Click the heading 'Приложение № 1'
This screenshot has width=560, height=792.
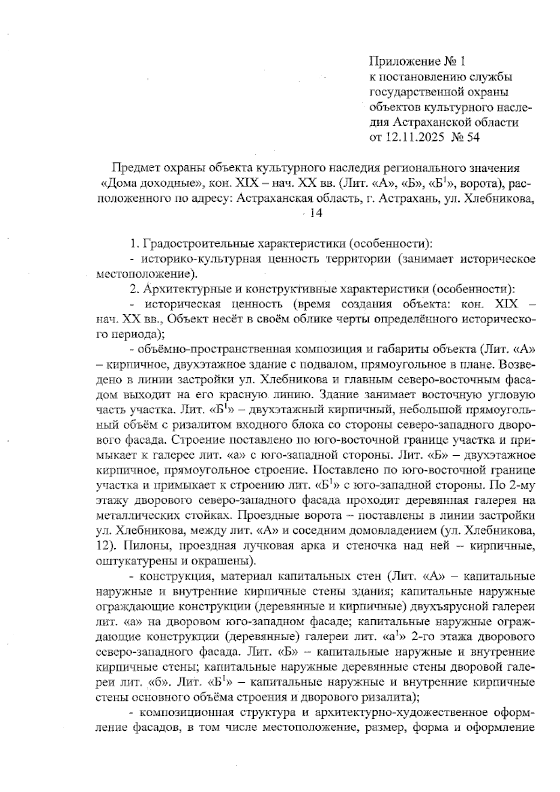click(418, 61)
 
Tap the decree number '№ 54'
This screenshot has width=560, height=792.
click(465, 137)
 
